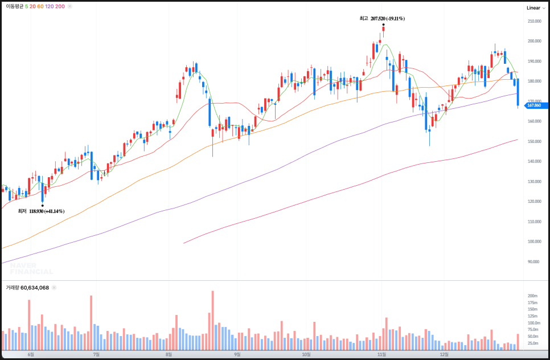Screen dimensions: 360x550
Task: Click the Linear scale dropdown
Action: click(536, 8)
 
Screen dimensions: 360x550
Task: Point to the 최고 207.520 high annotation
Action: click(382, 19)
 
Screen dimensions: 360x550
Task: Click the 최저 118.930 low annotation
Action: click(42, 211)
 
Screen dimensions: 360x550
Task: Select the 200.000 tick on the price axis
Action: click(534, 42)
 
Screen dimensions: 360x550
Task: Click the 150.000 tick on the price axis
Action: click(534, 141)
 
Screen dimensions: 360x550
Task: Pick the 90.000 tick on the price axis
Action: click(533, 261)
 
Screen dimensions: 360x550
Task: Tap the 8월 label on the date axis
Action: click(169, 354)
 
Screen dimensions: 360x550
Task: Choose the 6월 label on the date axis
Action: click(31, 354)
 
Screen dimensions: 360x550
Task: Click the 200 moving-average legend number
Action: click(60, 6)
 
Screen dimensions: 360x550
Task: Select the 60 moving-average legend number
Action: click(40, 6)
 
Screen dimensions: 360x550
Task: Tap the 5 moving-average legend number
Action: click(26, 6)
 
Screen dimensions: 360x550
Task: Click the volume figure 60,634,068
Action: click(35, 288)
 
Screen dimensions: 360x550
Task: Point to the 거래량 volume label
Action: click(13, 288)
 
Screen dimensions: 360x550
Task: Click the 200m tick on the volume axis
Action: click(533, 296)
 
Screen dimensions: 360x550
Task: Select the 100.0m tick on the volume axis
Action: click(533, 323)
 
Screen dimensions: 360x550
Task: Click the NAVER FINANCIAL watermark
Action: click(31, 268)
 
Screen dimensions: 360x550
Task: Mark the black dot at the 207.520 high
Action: click(383, 24)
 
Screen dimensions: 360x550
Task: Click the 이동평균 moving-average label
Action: click(14, 6)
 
